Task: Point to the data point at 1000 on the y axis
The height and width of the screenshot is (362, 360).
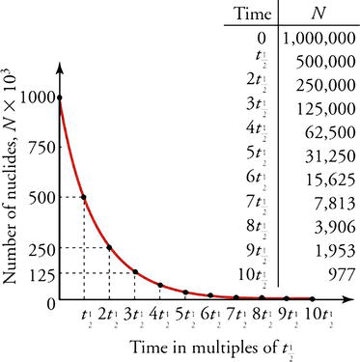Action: [x=60, y=97]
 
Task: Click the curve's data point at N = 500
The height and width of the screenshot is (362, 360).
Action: [x=84, y=198]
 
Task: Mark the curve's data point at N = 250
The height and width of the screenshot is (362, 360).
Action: [x=109, y=248]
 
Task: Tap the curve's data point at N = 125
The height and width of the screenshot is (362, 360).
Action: [x=134, y=273]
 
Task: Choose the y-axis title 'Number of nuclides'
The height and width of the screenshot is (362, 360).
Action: [x=13, y=183]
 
